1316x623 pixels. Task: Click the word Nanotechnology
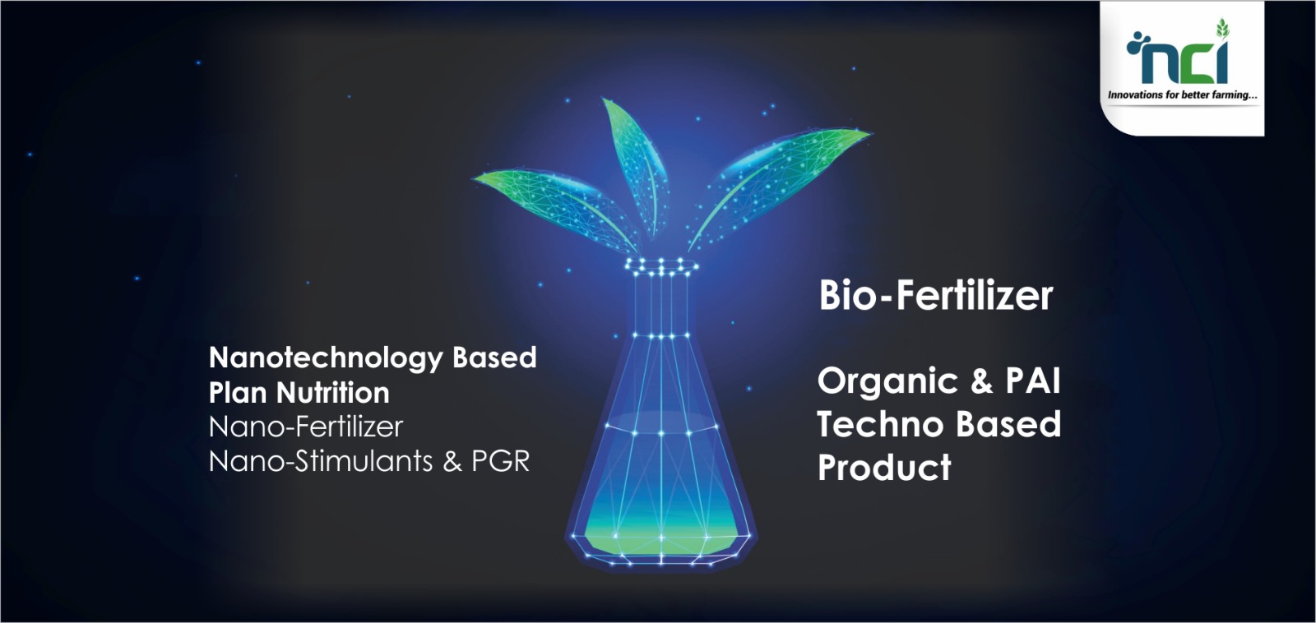[x=326, y=358]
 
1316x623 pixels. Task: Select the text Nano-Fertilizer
[x=306, y=427]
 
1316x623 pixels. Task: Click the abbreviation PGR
[x=501, y=462]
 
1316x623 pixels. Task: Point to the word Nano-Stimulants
[x=322, y=462]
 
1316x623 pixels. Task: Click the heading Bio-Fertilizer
[x=936, y=295]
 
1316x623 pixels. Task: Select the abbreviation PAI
[x=1033, y=381]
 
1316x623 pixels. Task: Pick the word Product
[x=884, y=468]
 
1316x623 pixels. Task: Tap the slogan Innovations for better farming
[x=1182, y=95]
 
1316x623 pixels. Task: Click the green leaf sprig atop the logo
[x=1222, y=28]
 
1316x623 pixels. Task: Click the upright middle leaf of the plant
[x=636, y=164]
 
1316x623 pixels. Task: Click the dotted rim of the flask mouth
[x=661, y=267]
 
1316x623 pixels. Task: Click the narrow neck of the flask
[x=661, y=305]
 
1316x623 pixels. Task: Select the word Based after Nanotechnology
[x=494, y=357]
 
